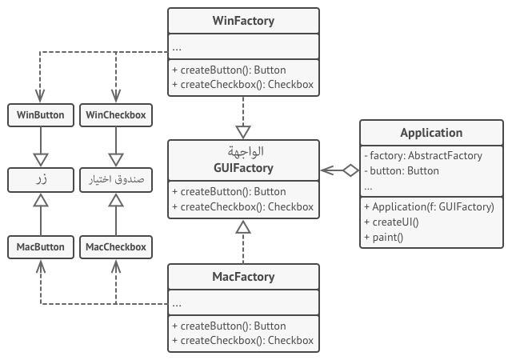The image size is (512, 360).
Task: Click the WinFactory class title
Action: (x=243, y=21)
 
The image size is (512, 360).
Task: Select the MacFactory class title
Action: (x=243, y=277)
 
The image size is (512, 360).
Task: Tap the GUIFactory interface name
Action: (x=243, y=168)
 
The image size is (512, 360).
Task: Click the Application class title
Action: (x=431, y=133)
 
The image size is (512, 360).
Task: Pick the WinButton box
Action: (x=40, y=115)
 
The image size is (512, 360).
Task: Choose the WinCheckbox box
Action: (x=116, y=115)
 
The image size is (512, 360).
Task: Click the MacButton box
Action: (x=40, y=247)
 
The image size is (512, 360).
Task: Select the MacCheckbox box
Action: (x=116, y=247)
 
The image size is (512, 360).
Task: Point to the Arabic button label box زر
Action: (x=40, y=181)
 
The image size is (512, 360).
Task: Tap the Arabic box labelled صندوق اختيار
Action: (x=116, y=181)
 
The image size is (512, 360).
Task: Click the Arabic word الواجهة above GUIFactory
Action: (x=243, y=152)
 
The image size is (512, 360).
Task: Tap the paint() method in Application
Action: (x=382, y=237)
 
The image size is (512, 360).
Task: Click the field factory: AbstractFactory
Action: (x=422, y=156)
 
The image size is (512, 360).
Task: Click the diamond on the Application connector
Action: (x=350, y=170)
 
